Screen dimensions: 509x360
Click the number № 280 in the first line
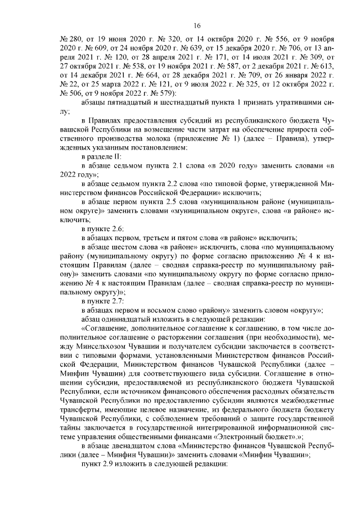pos(70,39)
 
